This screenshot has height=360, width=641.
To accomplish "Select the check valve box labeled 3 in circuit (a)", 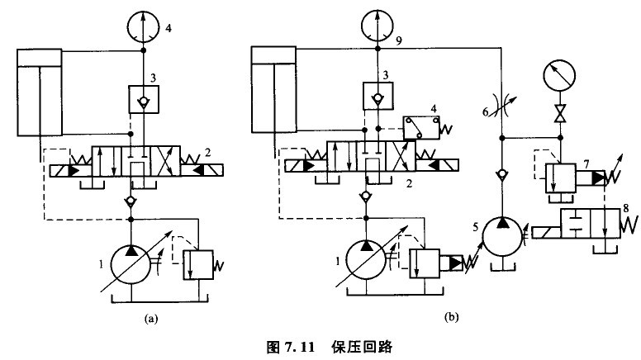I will tap(145, 100).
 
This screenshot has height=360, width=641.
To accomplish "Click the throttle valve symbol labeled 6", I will tap(501, 111).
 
